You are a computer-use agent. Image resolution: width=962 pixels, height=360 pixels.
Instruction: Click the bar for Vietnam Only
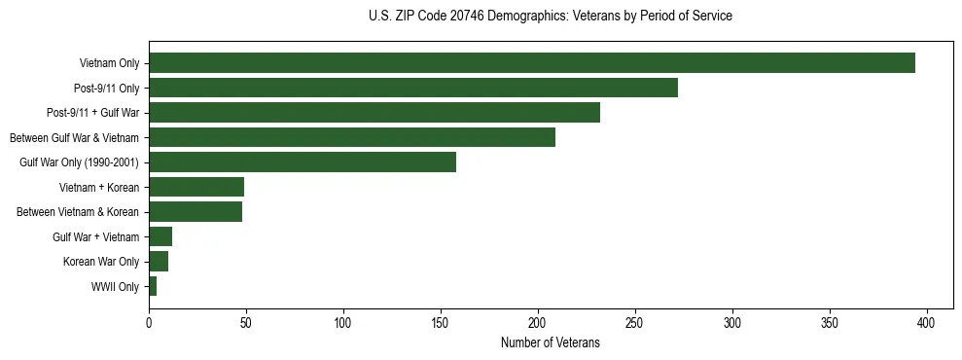(x=532, y=63)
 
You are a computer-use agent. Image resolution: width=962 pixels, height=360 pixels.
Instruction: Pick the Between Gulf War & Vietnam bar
(x=352, y=137)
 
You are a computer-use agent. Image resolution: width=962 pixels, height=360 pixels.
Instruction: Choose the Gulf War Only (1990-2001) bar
(x=303, y=162)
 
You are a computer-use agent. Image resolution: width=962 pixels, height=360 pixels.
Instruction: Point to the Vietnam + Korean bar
(x=196, y=187)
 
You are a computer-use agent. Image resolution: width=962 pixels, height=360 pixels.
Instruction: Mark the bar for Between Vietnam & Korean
(x=196, y=212)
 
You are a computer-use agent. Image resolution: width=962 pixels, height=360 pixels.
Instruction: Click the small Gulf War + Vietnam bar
(x=160, y=236)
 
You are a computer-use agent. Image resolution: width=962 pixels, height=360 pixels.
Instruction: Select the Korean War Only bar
(x=159, y=262)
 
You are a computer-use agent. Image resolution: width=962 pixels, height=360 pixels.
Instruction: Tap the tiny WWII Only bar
(x=153, y=286)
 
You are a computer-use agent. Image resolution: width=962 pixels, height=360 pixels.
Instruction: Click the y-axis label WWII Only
(x=115, y=287)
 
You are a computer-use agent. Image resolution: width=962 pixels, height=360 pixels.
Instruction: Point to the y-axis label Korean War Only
(x=101, y=262)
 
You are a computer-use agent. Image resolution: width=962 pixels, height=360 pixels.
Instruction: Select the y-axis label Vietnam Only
(x=109, y=63)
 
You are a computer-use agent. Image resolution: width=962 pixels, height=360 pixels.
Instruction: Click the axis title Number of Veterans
(x=550, y=342)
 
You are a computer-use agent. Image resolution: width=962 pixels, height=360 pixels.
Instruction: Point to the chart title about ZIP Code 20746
(x=550, y=16)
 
